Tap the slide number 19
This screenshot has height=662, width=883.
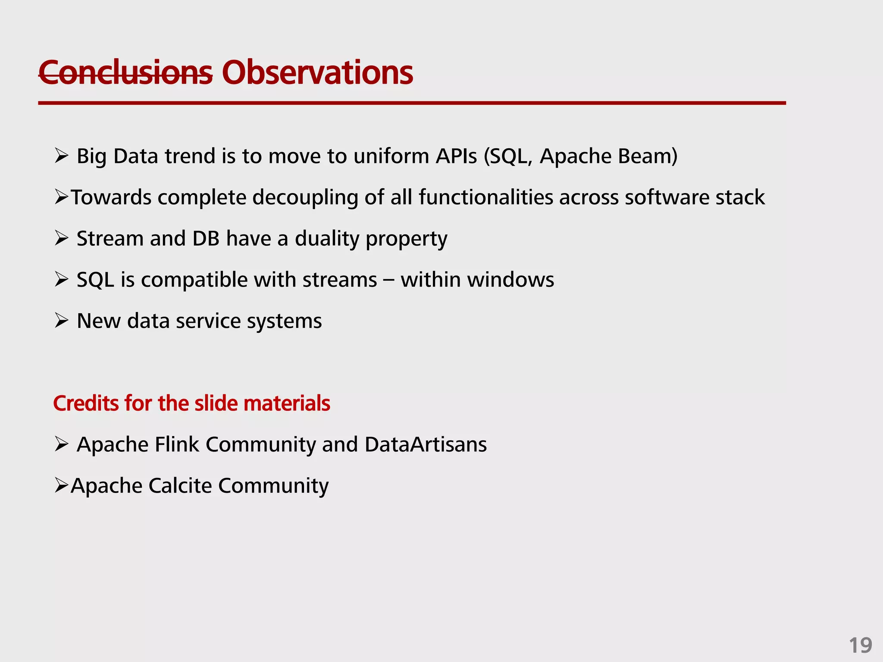tap(860, 646)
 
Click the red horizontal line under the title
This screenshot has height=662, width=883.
tap(412, 103)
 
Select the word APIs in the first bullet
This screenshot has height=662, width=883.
tap(456, 156)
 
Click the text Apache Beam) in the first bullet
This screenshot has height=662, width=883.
tap(608, 156)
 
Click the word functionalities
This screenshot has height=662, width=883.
tap(485, 197)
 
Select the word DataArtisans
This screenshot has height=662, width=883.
tap(426, 444)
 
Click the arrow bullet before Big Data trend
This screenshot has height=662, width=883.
tap(62, 156)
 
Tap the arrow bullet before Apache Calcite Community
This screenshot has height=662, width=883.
tap(61, 486)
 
